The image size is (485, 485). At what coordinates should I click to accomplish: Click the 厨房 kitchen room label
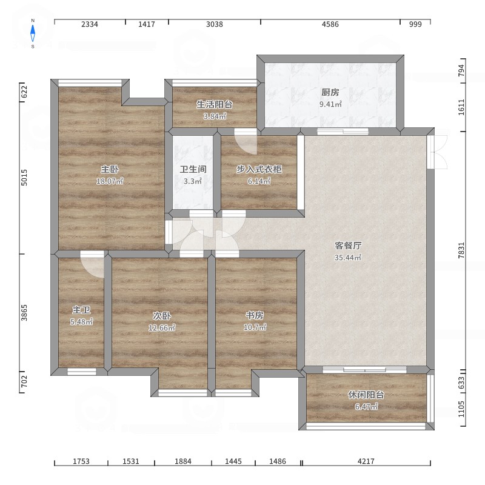pos(330,92)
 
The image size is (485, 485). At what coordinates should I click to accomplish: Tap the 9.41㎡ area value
pos(330,104)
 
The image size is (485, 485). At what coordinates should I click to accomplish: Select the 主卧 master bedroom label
pos(110,169)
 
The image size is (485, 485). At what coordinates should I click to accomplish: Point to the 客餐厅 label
pos(348,246)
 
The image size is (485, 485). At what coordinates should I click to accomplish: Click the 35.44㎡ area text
pos(348,257)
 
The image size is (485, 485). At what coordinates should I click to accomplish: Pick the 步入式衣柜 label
pos(259,169)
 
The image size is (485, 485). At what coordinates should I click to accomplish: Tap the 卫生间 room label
pos(193,169)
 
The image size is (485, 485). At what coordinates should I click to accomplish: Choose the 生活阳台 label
pos(215,104)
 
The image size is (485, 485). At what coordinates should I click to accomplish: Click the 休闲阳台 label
pos(366,395)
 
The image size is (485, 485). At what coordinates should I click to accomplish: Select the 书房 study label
pos(255,315)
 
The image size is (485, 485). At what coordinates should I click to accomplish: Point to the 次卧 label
pos(162,316)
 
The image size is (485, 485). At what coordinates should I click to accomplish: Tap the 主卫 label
pos(81,310)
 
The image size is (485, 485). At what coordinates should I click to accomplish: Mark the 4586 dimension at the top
pos(330,24)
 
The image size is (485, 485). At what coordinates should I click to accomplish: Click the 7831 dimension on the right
pos(461,250)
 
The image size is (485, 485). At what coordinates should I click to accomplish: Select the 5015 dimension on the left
pos(24,178)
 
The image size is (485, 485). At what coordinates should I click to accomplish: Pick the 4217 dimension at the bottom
pos(366,461)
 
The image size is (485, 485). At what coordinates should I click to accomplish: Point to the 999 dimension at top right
pos(415,24)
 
